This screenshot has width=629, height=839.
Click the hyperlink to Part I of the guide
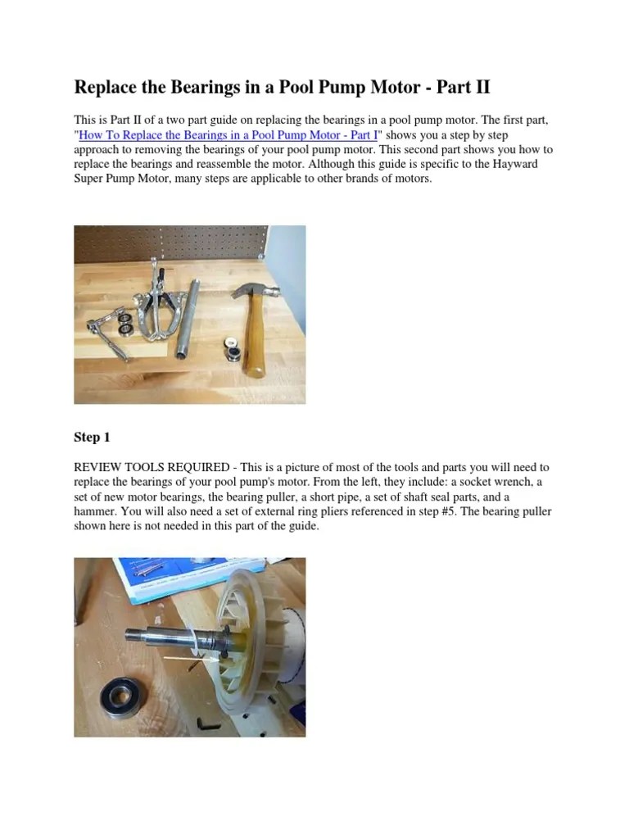click(x=228, y=135)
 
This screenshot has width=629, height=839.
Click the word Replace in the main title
click(x=106, y=87)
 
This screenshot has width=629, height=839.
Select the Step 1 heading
click(x=92, y=438)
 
